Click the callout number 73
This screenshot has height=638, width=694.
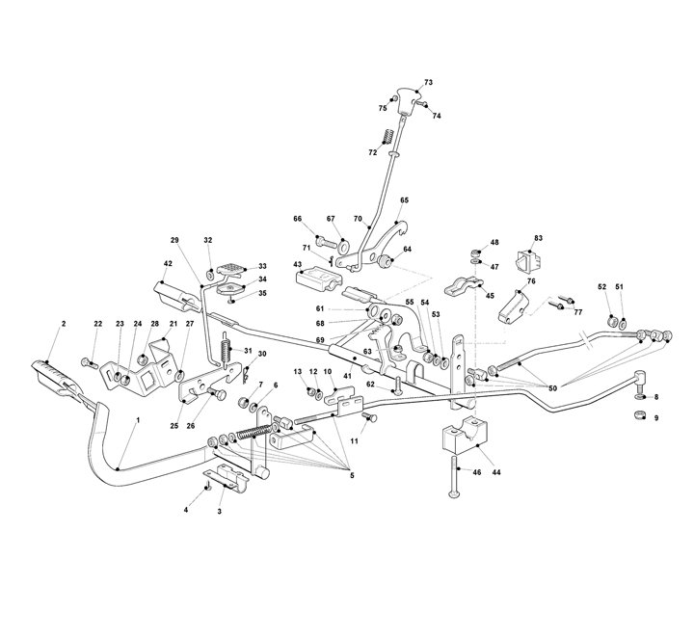point(428,82)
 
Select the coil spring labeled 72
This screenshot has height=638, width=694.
point(387,135)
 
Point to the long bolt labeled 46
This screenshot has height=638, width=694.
point(456,477)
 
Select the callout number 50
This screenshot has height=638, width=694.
point(553,388)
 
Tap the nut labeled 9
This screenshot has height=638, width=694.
point(639,415)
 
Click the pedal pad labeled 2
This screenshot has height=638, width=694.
point(56,376)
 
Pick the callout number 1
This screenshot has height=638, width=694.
point(138,419)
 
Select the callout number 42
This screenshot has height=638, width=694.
point(168,264)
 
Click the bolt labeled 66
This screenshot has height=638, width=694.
point(327,243)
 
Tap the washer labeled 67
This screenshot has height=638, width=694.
point(343,244)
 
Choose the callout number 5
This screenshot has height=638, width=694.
point(352,476)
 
